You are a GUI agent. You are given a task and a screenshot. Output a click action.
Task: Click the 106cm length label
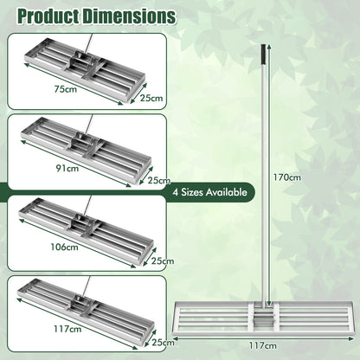[x=65, y=247]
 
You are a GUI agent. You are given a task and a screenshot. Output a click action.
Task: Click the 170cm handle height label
[x=289, y=178]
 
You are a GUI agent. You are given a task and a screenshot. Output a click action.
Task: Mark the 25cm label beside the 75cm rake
[x=151, y=99]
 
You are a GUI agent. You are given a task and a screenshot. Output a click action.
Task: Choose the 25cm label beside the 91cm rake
[x=157, y=180]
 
